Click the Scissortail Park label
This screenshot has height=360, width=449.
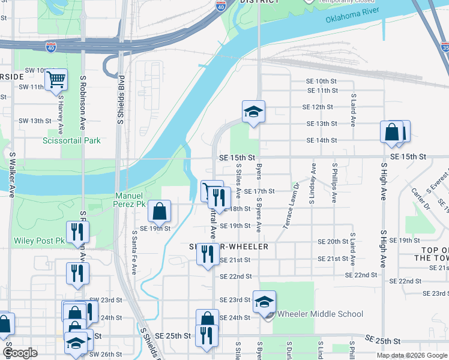[x=71, y=140]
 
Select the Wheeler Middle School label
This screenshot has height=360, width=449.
[x=321, y=314]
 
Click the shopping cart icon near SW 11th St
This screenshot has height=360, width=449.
[x=56, y=79]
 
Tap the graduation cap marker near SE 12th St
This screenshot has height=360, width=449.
[x=253, y=111]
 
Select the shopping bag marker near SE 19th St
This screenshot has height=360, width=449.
[x=159, y=211]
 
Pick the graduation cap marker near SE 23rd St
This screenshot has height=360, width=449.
[x=264, y=302]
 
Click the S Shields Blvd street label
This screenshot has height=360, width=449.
[x=121, y=100]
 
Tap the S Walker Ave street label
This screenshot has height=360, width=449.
[x=11, y=173]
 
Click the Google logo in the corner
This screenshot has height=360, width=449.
[x=20, y=353]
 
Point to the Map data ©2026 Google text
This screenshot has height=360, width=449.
[x=412, y=356]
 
